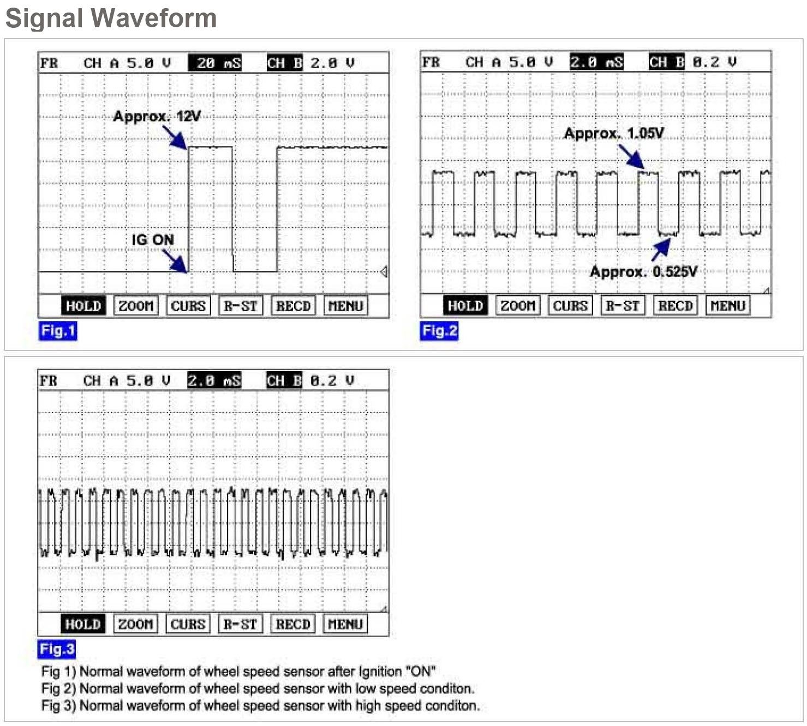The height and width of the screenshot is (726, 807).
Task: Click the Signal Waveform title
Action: pos(111,18)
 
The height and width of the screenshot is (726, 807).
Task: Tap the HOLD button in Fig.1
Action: pos(83,306)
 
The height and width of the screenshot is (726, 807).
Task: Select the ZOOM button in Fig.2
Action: pos(518,306)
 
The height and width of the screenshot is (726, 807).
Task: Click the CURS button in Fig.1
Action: pos(188,306)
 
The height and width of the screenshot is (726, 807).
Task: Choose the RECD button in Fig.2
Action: pos(675,306)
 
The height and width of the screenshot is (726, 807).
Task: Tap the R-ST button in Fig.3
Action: pos(240,624)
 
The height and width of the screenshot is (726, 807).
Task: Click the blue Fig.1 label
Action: pos(58,331)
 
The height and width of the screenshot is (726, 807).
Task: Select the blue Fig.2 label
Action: pos(439,331)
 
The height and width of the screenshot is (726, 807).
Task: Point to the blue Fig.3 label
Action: pos(57,649)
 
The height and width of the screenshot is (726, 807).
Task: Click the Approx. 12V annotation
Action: pos(157,116)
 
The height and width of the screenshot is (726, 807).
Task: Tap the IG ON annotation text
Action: pos(153,240)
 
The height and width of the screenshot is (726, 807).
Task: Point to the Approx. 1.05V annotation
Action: pos(614,134)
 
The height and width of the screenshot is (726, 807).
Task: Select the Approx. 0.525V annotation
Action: pos(643,271)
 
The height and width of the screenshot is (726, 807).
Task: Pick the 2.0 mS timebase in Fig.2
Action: pos(596,63)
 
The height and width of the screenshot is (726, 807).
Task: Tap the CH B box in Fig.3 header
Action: pos(284,381)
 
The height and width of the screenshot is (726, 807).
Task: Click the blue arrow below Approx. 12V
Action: pos(175,137)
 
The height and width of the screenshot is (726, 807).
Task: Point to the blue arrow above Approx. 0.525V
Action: pos(661,250)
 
